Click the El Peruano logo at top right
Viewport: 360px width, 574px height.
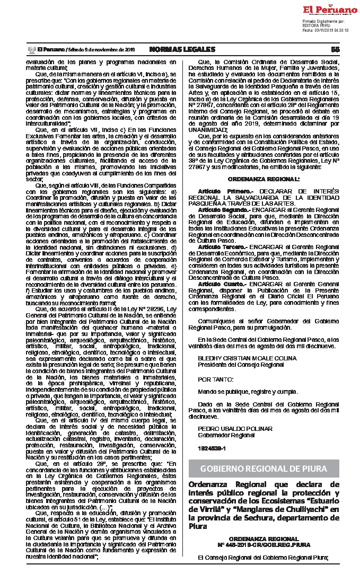(x=329, y=10)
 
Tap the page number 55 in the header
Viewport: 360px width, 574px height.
(x=335, y=49)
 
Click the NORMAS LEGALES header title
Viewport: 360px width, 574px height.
(x=182, y=49)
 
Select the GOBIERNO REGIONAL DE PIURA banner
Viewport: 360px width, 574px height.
(x=264, y=468)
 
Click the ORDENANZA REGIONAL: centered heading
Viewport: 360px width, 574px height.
(x=264, y=179)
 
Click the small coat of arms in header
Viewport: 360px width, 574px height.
(x=31, y=49)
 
